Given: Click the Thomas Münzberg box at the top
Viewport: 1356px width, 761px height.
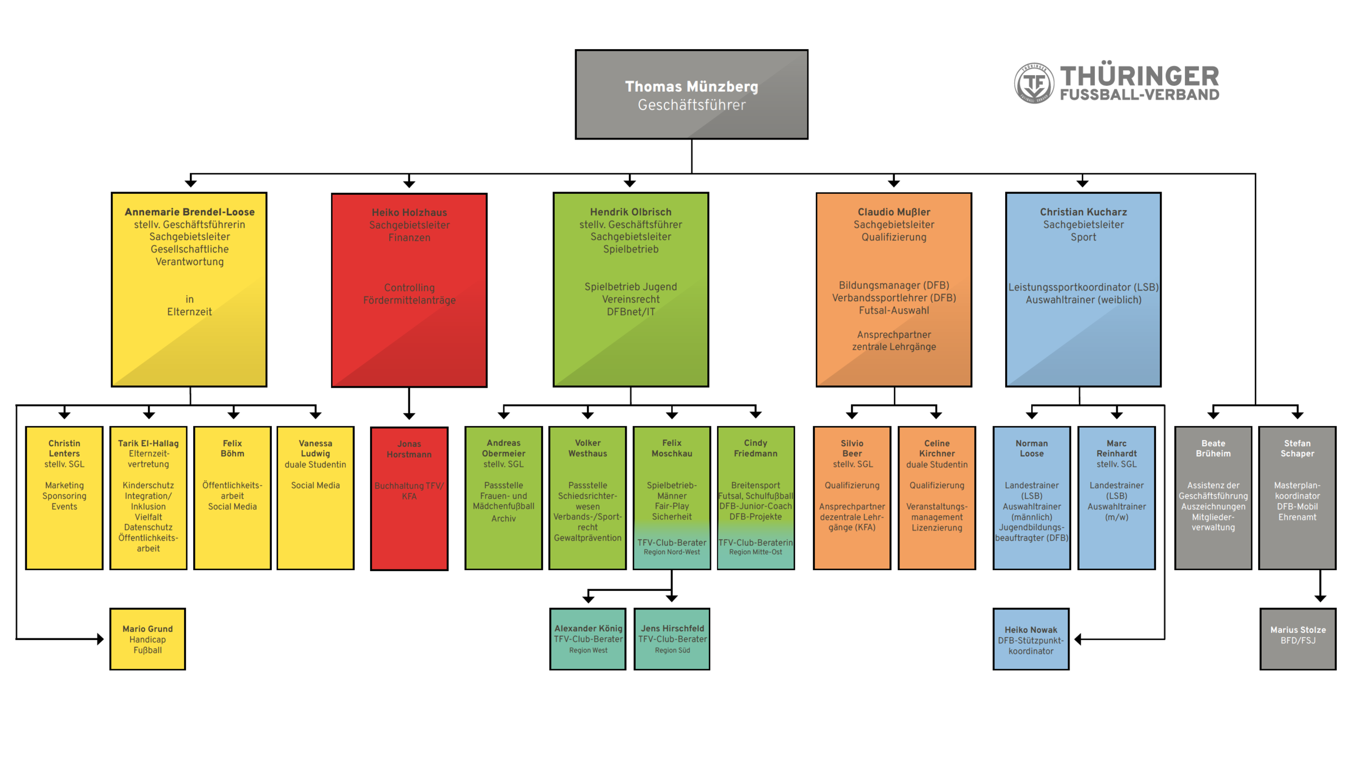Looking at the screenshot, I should click(691, 94).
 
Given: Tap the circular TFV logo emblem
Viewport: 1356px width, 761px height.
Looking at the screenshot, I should click(1033, 83).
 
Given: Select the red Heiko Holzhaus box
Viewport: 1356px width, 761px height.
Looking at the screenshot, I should click(409, 290).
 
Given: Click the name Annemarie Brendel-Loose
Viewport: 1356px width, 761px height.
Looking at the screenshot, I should click(189, 212).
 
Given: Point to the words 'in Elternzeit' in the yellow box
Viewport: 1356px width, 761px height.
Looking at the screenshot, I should click(189, 306).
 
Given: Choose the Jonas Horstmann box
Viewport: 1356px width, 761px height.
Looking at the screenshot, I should click(409, 498).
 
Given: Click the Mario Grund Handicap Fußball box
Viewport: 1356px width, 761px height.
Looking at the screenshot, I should click(147, 639).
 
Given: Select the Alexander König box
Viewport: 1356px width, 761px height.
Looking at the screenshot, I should click(588, 639).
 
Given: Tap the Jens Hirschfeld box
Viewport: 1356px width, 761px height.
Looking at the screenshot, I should click(672, 639).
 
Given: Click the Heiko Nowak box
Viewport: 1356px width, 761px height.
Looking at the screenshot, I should click(1031, 639).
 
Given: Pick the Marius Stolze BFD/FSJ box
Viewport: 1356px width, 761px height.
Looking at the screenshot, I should click(1297, 639).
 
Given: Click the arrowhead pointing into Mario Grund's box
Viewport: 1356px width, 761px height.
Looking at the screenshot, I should click(100, 639).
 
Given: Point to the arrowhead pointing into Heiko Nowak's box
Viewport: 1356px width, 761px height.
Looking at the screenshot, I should click(1078, 639).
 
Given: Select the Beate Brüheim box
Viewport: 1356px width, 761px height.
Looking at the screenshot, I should click(1212, 498).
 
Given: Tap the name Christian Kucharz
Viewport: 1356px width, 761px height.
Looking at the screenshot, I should click(1083, 212).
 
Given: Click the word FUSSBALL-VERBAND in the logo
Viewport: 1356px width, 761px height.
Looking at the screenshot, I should click(1139, 95).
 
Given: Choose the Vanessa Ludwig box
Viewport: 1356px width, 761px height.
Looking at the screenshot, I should click(315, 498).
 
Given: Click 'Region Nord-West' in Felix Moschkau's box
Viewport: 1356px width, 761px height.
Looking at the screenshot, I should click(671, 552).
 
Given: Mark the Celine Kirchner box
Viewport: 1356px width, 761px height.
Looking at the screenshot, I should click(936, 498).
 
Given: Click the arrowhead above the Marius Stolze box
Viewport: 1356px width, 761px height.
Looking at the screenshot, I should click(1320, 598).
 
